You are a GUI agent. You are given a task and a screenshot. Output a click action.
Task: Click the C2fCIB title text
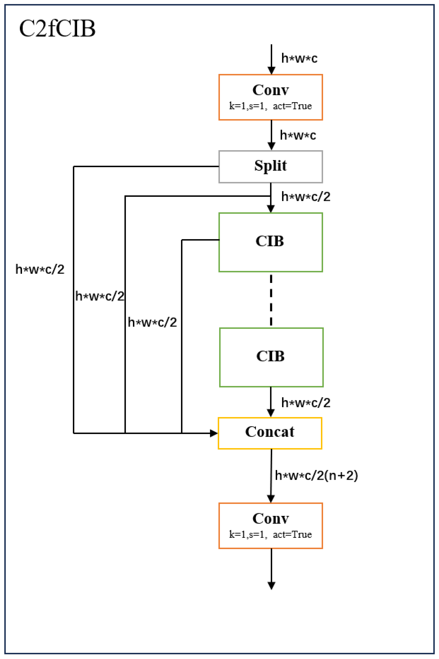pyautogui.click(x=57, y=29)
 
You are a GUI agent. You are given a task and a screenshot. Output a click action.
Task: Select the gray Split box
pyautogui.click(x=270, y=167)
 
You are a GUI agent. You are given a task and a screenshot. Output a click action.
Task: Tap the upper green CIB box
pyautogui.click(x=270, y=242)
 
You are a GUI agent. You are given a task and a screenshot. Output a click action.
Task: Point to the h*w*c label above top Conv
pyautogui.click(x=299, y=58)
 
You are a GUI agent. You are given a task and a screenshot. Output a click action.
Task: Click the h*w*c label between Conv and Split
pyautogui.click(x=298, y=135)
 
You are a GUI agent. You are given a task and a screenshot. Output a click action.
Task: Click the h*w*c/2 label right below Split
pyautogui.click(x=306, y=197)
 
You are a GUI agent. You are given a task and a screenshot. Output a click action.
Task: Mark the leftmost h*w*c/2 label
pyautogui.click(x=40, y=269)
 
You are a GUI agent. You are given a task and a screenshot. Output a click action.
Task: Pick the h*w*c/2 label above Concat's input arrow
pyautogui.click(x=306, y=403)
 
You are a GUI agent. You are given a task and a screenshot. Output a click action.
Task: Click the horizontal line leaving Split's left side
pyautogui.click(x=146, y=167)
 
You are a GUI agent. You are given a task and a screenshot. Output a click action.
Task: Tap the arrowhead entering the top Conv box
pyautogui.click(x=271, y=70)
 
